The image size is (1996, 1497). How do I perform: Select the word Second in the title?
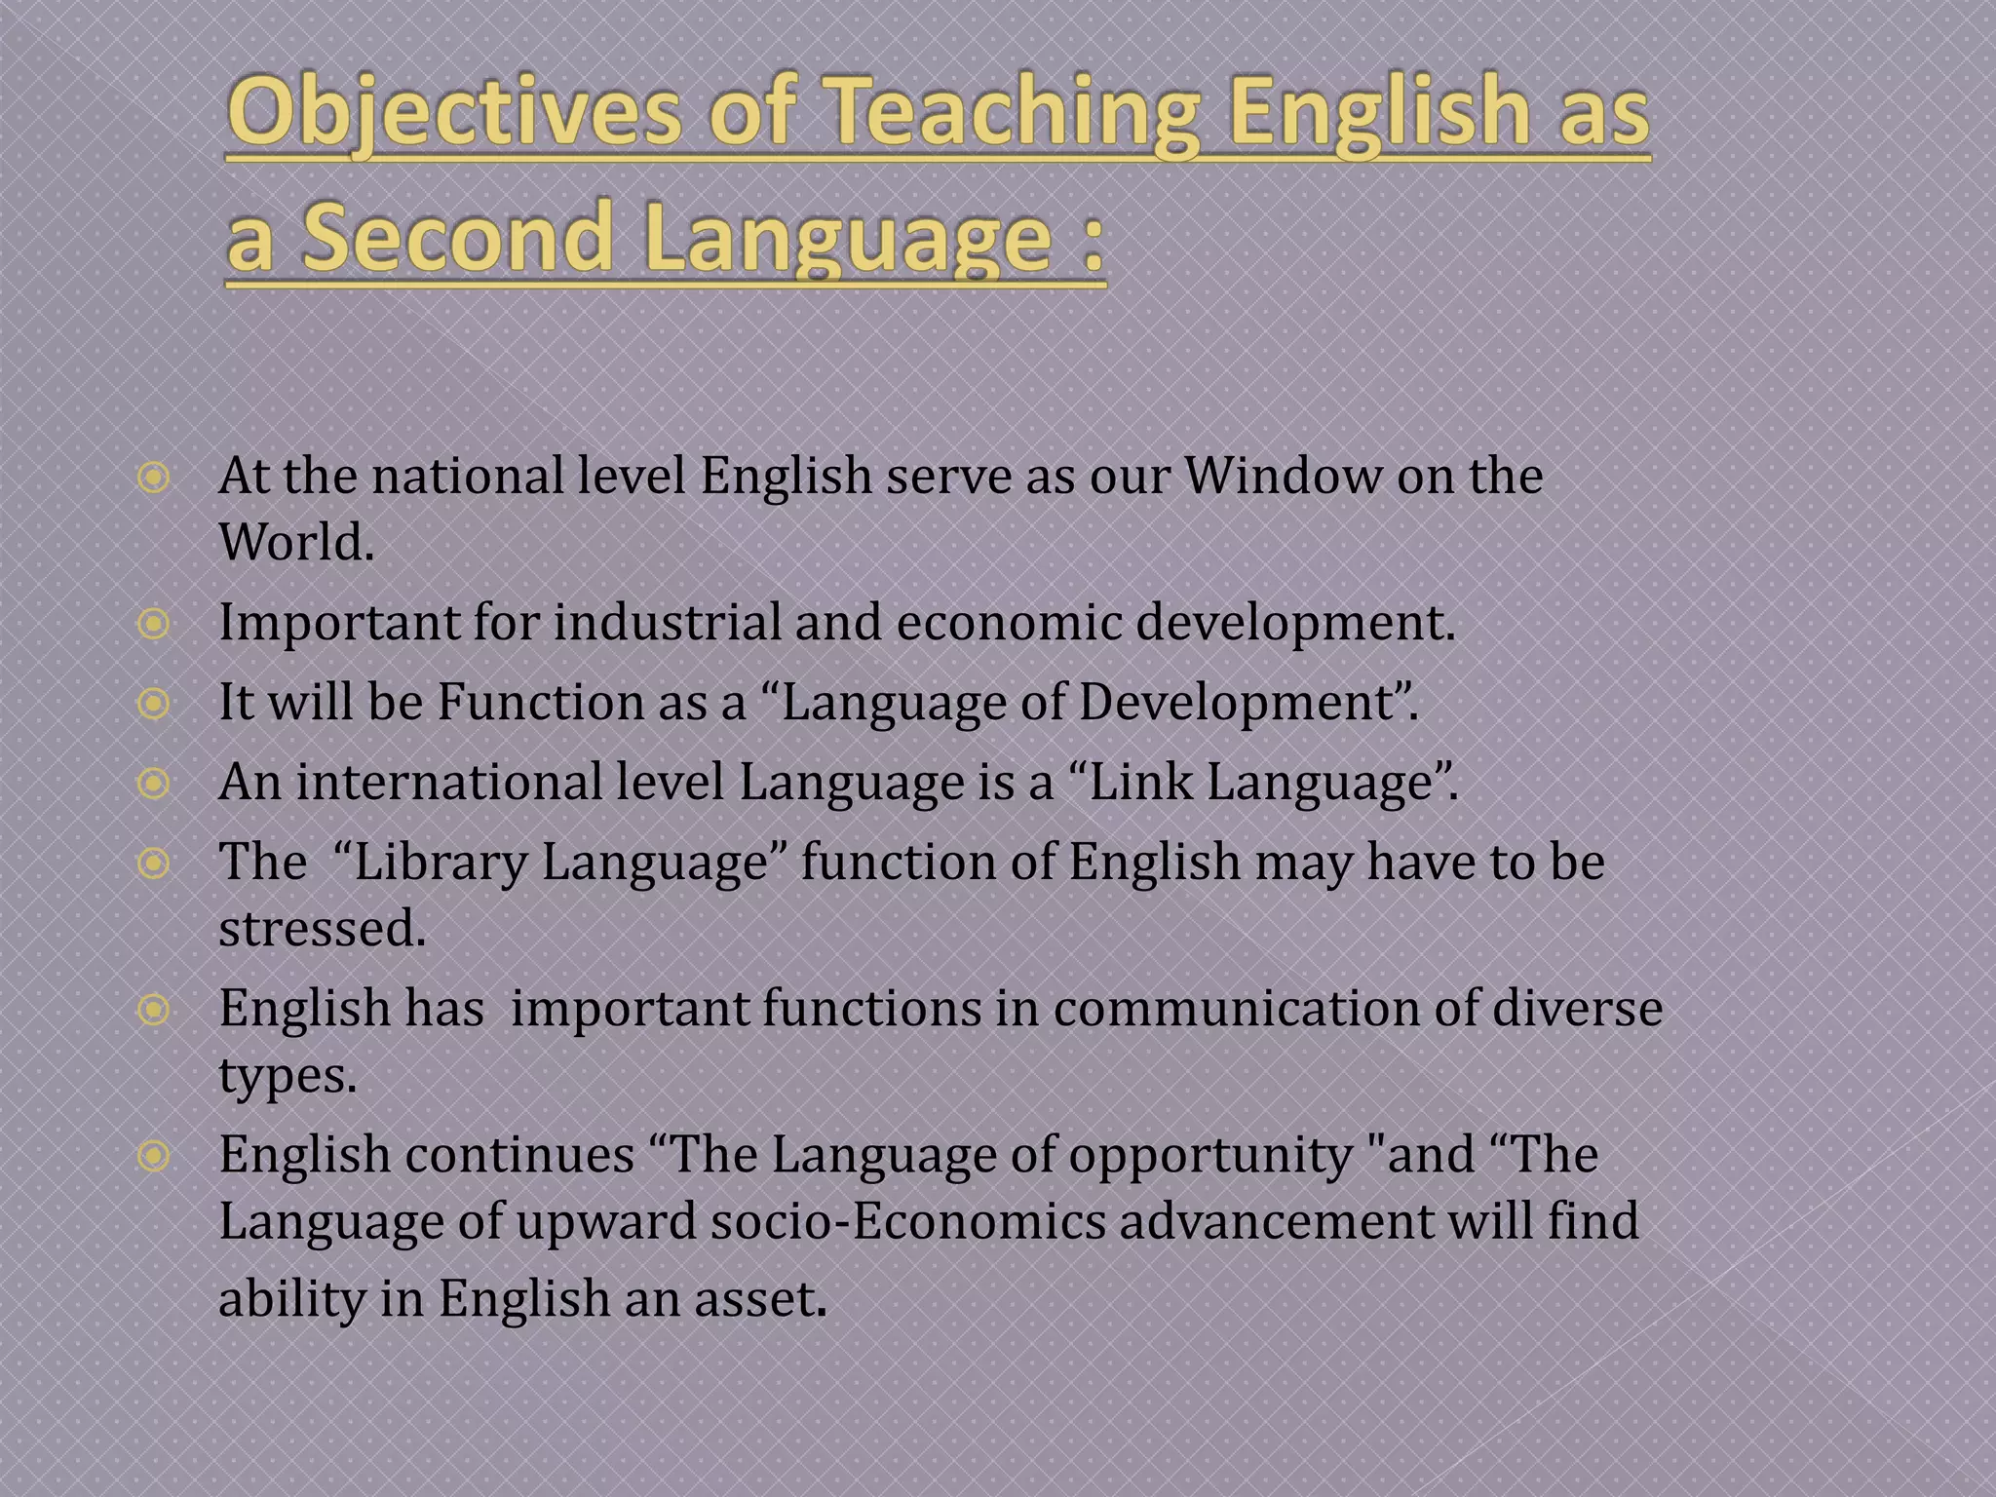[456, 237]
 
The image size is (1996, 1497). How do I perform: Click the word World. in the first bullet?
[296, 543]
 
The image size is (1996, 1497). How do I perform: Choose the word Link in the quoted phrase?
[1139, 782]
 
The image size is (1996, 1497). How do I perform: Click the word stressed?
[323, 928]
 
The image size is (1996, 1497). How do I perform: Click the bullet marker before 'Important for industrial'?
[154, 623]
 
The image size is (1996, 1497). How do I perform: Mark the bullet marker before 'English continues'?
[154, 1156]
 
